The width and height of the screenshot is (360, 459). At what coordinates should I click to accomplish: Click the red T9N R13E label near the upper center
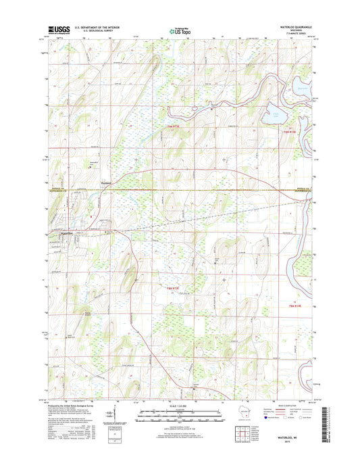[175, 126]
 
